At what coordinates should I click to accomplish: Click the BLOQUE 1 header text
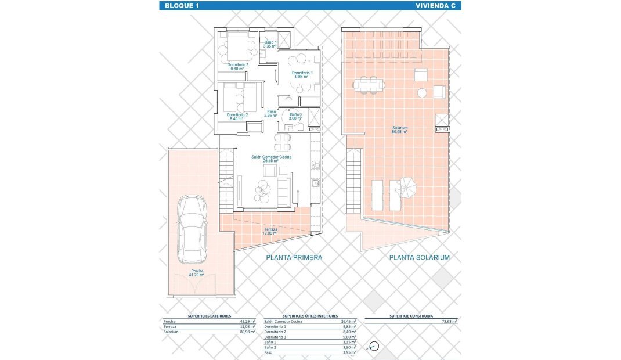click(182, 6)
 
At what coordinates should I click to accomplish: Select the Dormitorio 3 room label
click(238, 66)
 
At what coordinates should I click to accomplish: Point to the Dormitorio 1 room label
click(302, 74)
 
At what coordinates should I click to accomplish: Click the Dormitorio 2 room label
click(237, 116)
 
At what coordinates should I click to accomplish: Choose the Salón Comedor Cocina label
click(271, 159)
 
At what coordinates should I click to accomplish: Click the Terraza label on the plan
click(270, 231)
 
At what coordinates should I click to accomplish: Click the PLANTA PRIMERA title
click(294, 257)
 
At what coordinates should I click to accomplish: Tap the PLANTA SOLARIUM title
click(420, 257)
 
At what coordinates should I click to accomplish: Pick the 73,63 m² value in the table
click(448, 321)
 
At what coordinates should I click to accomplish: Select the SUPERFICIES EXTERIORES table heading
click(210, 315)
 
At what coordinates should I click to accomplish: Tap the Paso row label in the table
click(269, 352)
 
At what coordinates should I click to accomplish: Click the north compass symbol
click(374, 347)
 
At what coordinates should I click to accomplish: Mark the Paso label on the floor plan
click(271, 113)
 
